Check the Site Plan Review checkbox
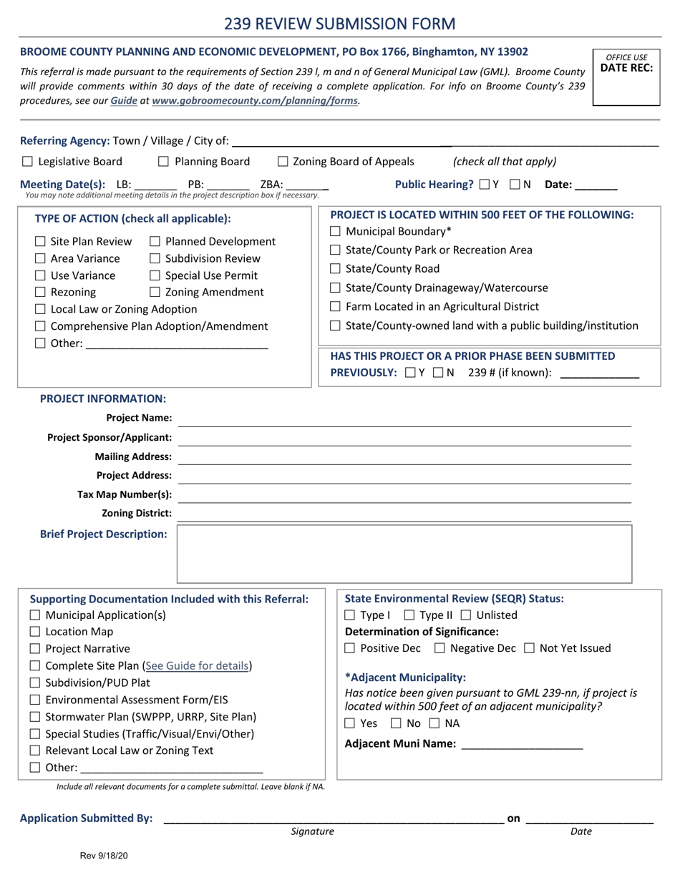click(41, 242)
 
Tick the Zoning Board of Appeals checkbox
click(283, 162)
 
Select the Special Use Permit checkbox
click(155, 275)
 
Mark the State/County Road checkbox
click(336, 269)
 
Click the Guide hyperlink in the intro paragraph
click(124, 101)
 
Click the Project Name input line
click(404, 419)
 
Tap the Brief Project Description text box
click(404, 554)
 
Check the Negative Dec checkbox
click(439, 649)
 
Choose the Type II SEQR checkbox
click(409, 615)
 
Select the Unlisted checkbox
click(466, 615)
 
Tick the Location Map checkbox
click(35, 632)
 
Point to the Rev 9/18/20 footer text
click(104, 855)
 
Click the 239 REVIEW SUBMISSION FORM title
click(340, 24)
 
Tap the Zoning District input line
click(404, 514)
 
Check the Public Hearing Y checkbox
click(485, 185)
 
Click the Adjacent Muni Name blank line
click(523, 745)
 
